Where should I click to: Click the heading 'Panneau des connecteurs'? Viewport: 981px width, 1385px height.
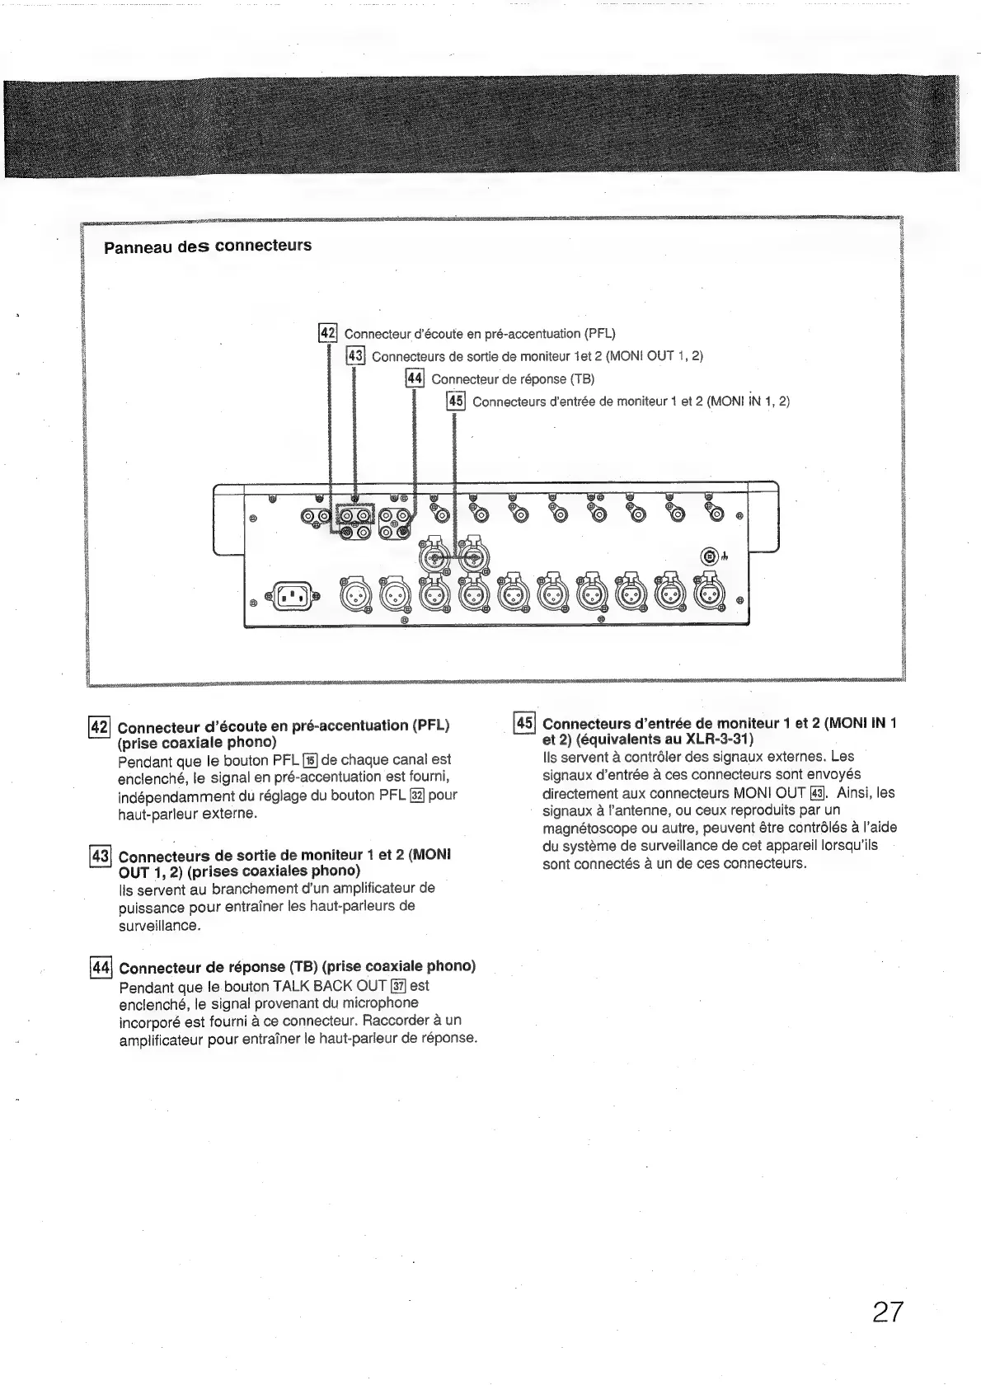208,246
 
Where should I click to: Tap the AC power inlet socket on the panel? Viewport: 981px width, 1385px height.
291,594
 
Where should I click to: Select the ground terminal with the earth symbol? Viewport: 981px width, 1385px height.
710,556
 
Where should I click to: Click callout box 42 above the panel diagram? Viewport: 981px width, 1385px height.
328,333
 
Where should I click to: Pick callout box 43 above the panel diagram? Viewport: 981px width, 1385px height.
355,355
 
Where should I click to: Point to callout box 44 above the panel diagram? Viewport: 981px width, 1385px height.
414,378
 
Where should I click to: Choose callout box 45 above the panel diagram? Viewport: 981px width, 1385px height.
455,401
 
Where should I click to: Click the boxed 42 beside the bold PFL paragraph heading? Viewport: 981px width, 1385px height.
99,726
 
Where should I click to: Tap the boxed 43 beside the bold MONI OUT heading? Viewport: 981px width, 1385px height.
99,855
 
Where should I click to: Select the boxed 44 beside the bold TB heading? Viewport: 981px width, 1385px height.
100,967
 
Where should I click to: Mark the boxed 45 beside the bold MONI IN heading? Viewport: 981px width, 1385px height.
523,723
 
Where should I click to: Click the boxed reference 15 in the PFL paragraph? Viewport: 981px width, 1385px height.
310,760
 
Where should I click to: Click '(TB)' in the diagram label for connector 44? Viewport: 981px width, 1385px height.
582,379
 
